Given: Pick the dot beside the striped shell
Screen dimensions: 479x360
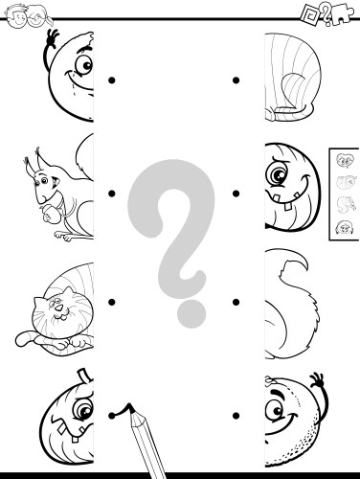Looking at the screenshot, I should pos(236,80).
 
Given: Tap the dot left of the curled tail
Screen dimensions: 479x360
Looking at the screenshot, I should pos(236,301).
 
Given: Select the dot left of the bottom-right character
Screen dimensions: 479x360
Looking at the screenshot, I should pos(236,413).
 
